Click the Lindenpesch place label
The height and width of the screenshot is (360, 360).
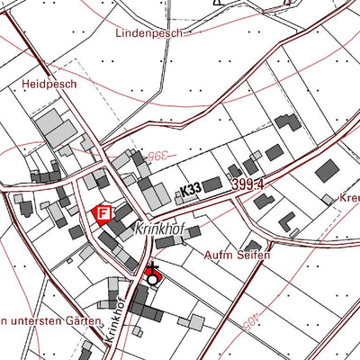(x=148, y=33)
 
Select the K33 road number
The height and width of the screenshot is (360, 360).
(x=190, y=190)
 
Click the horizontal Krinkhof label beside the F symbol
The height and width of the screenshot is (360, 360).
(x=158, y=230)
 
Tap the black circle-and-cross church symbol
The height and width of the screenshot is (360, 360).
(x=151, y=275)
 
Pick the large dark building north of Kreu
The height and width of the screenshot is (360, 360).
(x=328, y=170)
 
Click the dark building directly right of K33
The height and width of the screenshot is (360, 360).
(x=212, y=185)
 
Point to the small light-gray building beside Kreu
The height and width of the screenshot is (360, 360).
(x=326, y=199)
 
